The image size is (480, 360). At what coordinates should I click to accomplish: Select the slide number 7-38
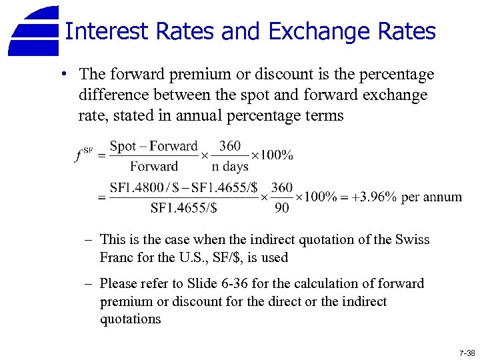tap(467, 352)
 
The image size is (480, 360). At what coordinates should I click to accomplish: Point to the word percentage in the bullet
tap(395, 74)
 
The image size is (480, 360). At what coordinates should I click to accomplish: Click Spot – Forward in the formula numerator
tap(153, 147)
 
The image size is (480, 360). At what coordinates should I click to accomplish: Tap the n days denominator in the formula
tap(230, 166)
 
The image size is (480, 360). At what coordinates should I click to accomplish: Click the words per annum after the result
tap(432, 197)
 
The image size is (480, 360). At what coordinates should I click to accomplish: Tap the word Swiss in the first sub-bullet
tap(413, 239)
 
